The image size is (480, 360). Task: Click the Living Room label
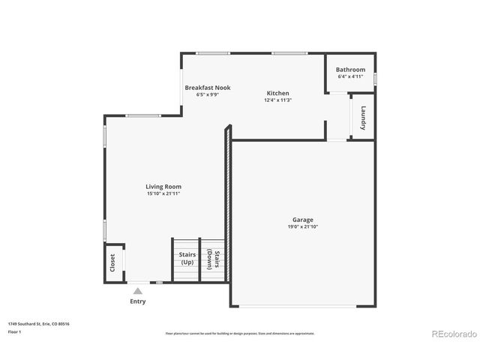(163, 187)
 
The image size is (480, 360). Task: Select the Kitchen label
(277, 93)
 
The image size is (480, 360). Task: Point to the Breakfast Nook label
(208, 88)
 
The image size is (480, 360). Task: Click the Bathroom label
(350, 70)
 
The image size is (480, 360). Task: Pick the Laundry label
(363, 118)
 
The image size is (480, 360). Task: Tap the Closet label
(113, 262)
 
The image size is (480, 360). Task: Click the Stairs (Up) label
(187, 259)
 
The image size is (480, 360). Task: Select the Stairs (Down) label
(213, 260)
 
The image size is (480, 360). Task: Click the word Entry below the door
(138, 301)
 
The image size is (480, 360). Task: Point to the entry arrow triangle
(138, 289)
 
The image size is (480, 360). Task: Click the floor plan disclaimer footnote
(239, 333)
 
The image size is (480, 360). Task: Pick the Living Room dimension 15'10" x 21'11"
(163, 193)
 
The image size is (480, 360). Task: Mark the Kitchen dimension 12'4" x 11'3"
(277, 100)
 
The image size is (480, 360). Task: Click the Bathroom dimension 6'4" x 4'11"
(350, 76)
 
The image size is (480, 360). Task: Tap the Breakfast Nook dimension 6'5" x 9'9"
(208, 94)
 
